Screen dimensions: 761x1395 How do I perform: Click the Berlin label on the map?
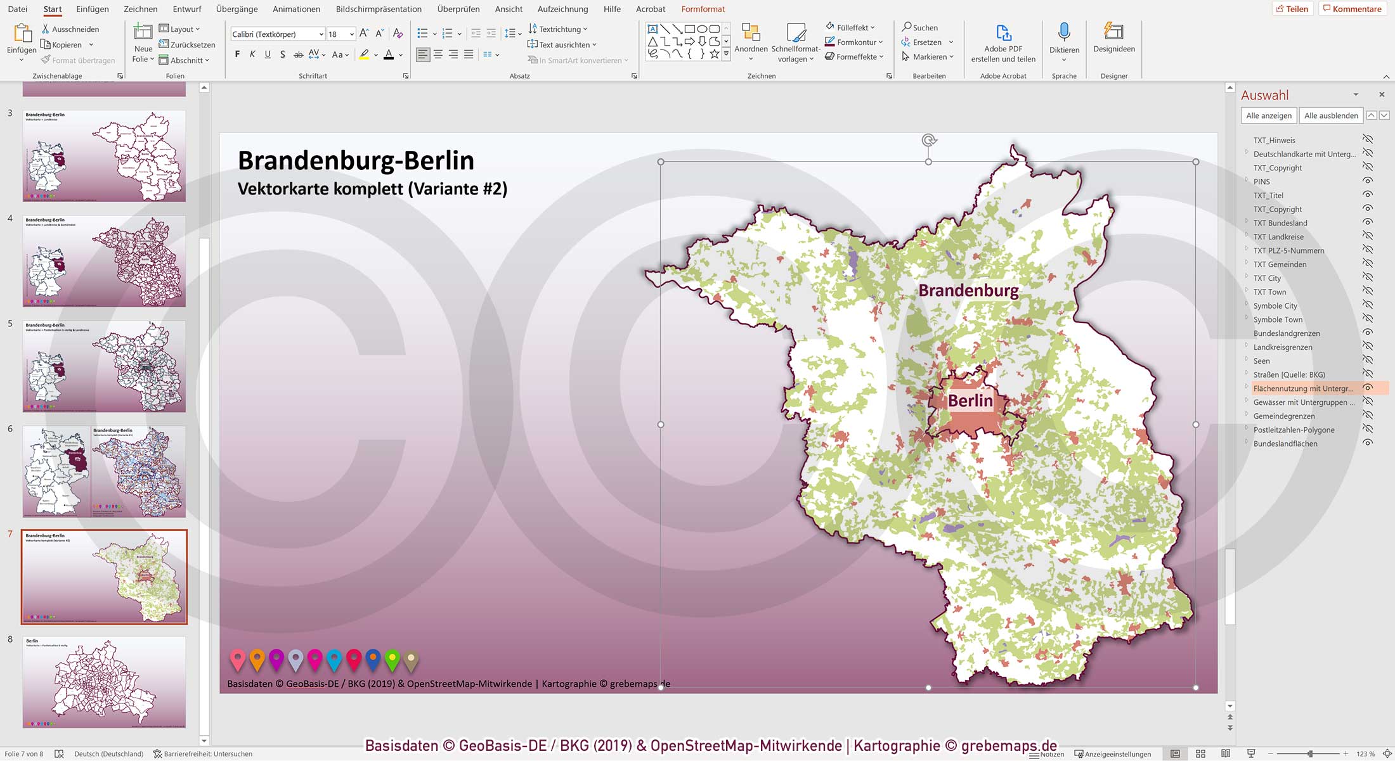(x=970, y=401)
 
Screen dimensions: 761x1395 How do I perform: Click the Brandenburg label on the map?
(x=968, y=291)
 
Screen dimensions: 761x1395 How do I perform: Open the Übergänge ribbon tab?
(x=237, y=9)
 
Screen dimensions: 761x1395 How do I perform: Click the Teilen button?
(x=1292, y=9)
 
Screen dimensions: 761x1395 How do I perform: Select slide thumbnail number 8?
(x=104, y=682)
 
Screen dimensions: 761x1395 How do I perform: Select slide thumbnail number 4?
(x=104, y=261)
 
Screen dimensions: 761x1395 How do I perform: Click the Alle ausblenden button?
(x=1330, y=115)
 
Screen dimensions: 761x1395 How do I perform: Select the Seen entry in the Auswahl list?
(x=1261, y=361)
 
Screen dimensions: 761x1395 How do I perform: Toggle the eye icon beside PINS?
(x=1368, y=181)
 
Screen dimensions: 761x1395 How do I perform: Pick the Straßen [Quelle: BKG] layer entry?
(x=1288, y=374)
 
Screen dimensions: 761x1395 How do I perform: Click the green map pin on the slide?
(x=393, y=660)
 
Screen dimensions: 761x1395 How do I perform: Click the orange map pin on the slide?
(x=257, y=660)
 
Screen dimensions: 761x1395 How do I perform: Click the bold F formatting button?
(x=237, y=54)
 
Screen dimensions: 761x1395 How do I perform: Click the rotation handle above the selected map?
(x=928, y=141)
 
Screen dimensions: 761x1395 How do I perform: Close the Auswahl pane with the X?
(x=1382, y=94)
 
